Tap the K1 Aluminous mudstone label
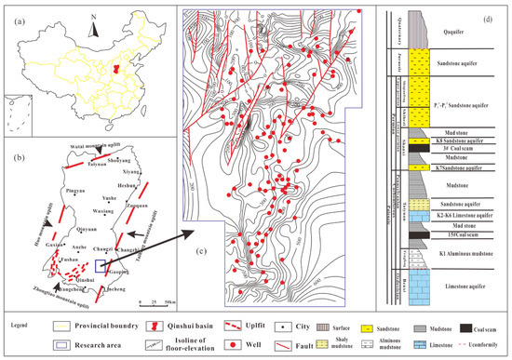pos(450,253)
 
